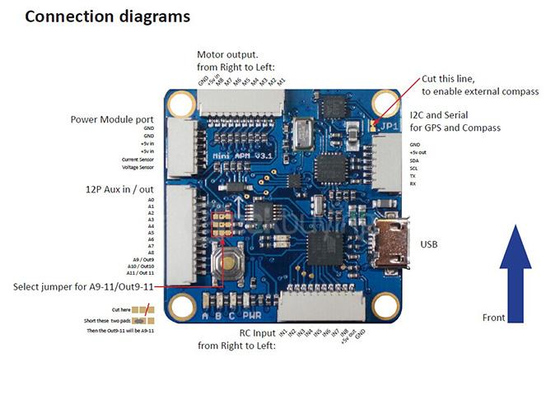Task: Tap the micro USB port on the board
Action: pyautogui.click(x=391, y=244)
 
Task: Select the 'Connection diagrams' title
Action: pyautogui.click(x=107, y=16)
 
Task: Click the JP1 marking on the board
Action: pyautogui.click(x=391, y=127)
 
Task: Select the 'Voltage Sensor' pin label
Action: pyautogui.click(x=137, y=167)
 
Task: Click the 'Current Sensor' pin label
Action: pyautogui.click(x=137, y=159)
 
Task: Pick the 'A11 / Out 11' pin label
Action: pyautogui.click(x=139, y=272)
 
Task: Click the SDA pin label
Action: pyautogui.click(x=413, y=160)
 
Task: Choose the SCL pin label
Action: pyautogui.click(x=413, y=169)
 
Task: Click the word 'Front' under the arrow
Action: pyautogui.click(x=493, y=317)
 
